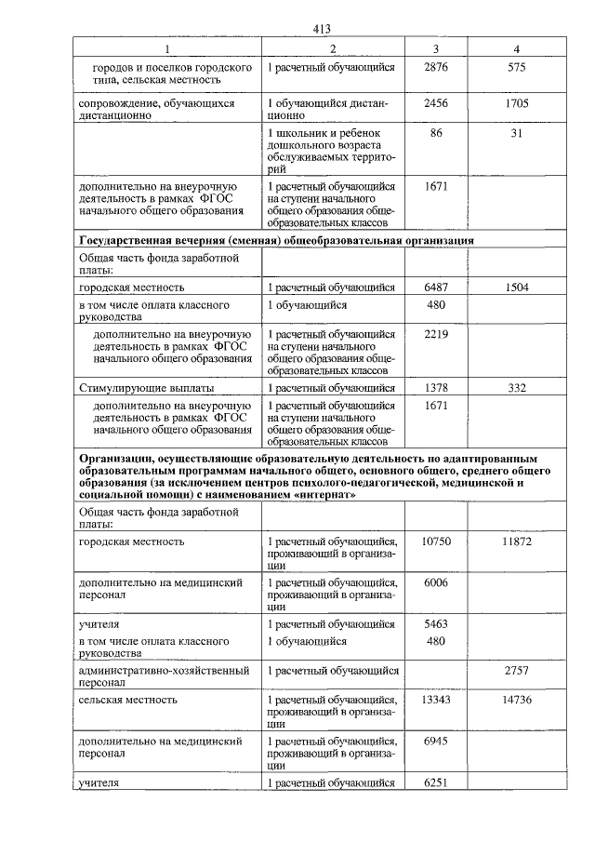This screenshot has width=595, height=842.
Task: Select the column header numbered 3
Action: coord(435,48)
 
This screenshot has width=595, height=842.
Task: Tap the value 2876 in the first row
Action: coord(435,68)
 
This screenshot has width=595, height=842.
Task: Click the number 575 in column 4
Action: coord(517,68)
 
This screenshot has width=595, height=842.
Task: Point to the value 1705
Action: coord(517,103)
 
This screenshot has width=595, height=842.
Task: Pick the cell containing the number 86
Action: coord(435,135)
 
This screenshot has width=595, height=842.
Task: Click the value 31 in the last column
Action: coord(517,135)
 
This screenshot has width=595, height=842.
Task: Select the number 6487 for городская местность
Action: coord(435,287)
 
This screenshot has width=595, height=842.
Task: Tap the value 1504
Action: coord(517,287)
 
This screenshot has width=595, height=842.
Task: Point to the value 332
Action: coord(517,386)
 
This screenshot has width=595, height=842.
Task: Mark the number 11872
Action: coord(517,541)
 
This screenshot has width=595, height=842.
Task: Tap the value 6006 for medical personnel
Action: coord(435,581)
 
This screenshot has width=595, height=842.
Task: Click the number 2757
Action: coord(517,669)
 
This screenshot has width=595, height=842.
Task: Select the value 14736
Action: coord(517,699)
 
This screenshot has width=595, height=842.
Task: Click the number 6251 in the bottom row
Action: coord(435,782)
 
